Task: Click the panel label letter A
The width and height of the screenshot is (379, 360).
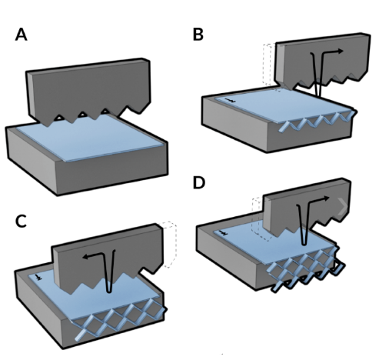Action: [x=22, y=35]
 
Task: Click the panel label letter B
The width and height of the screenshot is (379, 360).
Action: [x=198, y=35]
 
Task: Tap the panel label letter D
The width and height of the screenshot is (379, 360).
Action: [x=198, y=185]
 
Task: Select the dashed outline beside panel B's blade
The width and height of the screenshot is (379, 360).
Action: [x=268, y=65]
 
